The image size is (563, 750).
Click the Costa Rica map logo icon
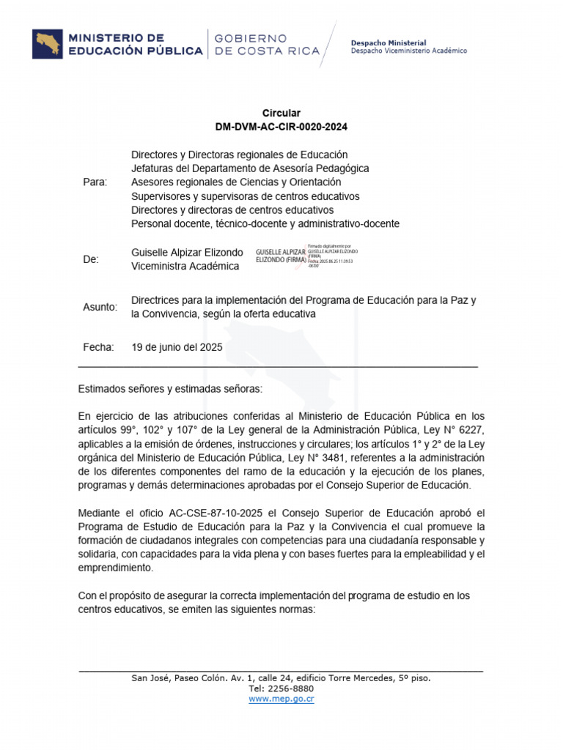coord(48,44)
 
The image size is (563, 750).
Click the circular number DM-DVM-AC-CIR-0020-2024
coord(281,127)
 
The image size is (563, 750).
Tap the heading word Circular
coord(281,114)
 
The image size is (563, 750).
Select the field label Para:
coord(95,182)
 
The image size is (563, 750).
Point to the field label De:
coord(91,259)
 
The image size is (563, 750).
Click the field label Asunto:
coord(100,307)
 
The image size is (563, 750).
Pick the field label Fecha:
coord(98,347)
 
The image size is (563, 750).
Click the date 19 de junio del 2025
coord(176,347)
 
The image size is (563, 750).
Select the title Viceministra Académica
coord(185,266)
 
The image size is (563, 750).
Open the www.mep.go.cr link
coord(281,699)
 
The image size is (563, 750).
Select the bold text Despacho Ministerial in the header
coord(389,43)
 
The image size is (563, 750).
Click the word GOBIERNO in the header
coord(251,38)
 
